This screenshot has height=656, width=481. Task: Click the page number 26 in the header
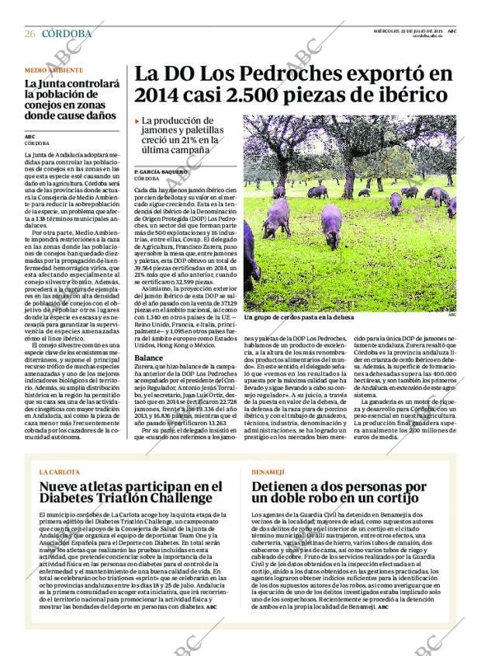[x=29, y=33]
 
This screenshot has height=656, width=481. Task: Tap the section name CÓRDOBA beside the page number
[x=66, y=33]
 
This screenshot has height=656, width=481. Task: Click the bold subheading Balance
[x=148, y=357]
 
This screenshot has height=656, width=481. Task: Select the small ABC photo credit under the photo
[x=452, y=315]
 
